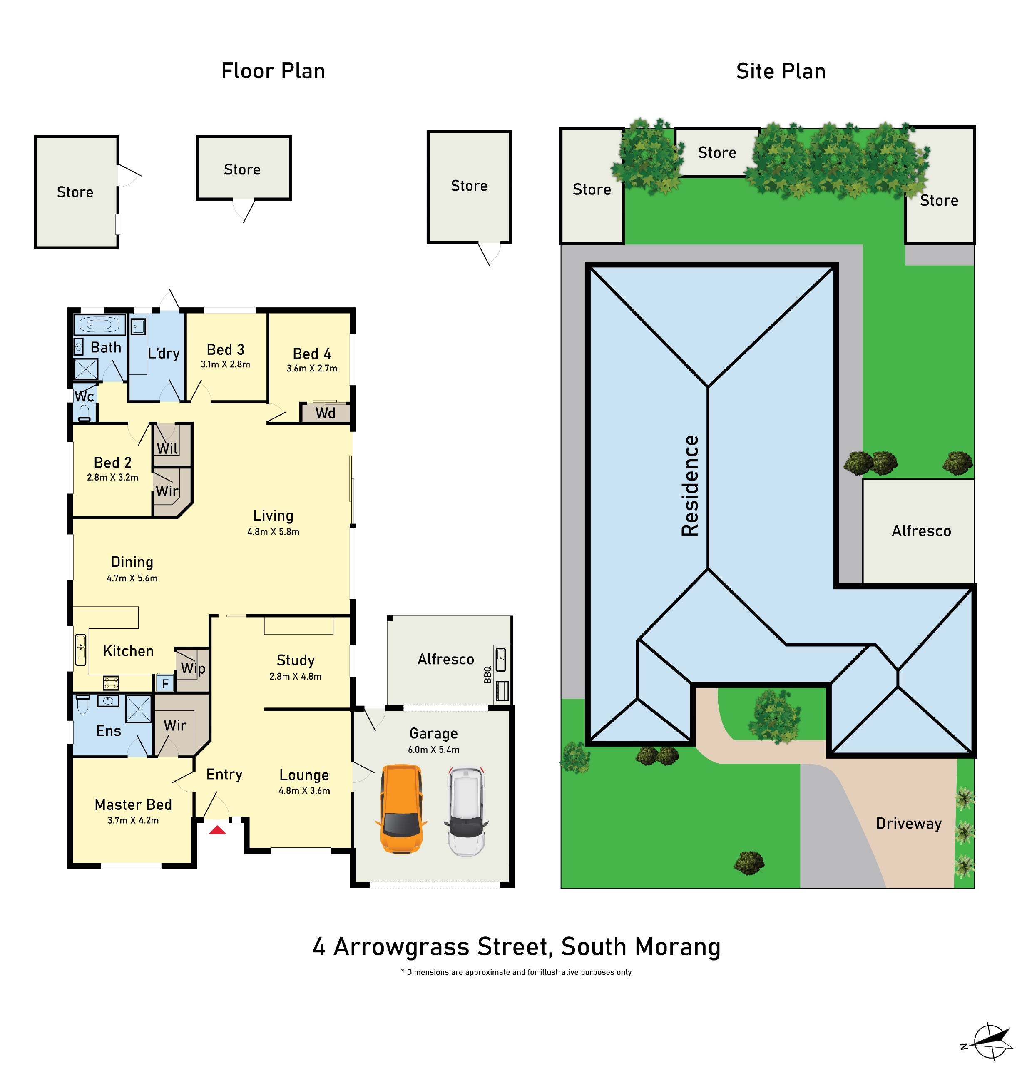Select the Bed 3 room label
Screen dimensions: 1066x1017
226,350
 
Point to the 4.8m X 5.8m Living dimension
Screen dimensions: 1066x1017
273,532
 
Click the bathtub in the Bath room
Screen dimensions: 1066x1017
99,325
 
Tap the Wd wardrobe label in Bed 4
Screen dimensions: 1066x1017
325,413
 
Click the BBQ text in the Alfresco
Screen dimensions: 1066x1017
487,675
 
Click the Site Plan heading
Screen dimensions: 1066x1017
781,72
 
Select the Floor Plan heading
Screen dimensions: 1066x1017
273,72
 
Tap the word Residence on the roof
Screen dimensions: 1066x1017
690,486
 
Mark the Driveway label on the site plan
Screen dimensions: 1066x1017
909,824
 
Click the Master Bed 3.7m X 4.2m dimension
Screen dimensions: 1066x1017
133,820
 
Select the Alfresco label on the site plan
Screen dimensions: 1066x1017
921,531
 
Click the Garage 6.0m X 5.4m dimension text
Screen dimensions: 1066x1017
434,750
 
